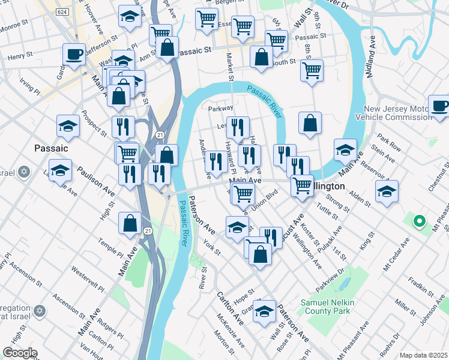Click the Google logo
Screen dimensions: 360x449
tap(20, 353)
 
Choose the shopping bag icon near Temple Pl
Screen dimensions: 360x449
tap(130, 224)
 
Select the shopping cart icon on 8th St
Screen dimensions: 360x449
tap(312, 71)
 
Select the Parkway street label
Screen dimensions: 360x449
tap(220, 109)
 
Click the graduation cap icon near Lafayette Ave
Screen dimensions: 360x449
tap(60, 171)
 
